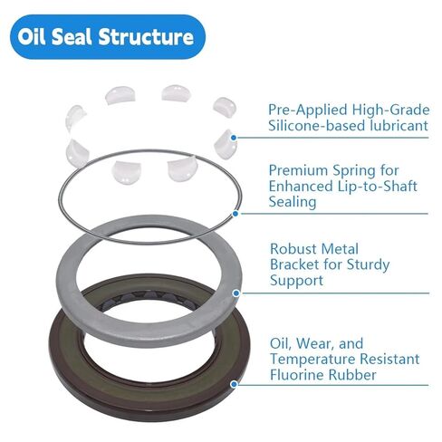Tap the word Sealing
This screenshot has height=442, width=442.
click(292, 203)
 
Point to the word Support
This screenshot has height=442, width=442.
click(297, 281)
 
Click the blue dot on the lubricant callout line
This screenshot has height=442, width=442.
click(235, 137)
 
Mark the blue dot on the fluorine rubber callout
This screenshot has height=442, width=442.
click(235, 383)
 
